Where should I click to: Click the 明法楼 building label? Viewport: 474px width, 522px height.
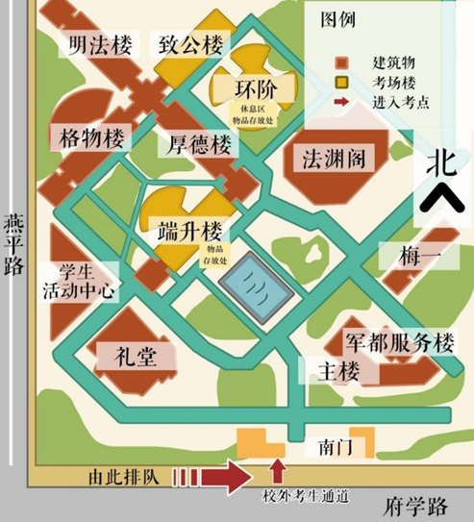[94, 44]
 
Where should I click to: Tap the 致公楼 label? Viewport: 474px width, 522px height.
[190, 44]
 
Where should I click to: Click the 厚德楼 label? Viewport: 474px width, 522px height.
[200, 145]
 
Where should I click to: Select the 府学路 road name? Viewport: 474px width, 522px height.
[411, 504]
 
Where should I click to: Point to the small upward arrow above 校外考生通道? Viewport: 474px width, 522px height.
[279, 470]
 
